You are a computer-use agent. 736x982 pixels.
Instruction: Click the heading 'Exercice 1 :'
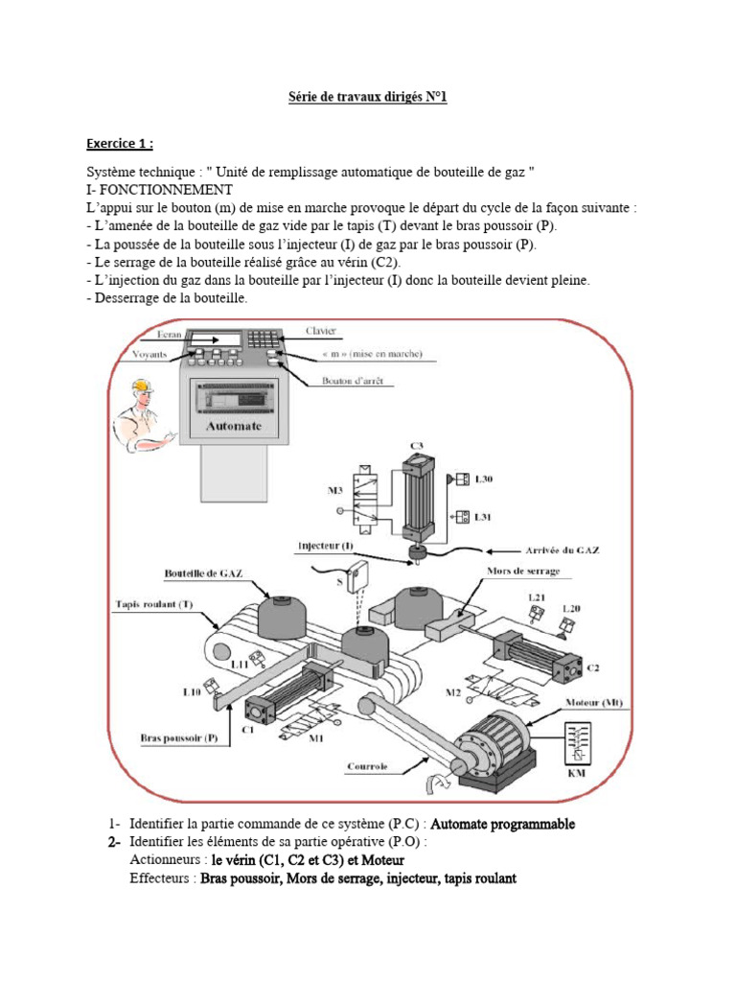pyautogui.click(x=119, y=144)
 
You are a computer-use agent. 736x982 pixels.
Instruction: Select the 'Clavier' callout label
pyautogui.click(x=321, y=331)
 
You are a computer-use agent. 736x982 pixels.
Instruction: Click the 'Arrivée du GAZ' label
pyautogui.click(x=563, y=550)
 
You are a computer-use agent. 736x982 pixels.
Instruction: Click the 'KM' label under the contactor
pyautogui.click(x=577, y=773)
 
